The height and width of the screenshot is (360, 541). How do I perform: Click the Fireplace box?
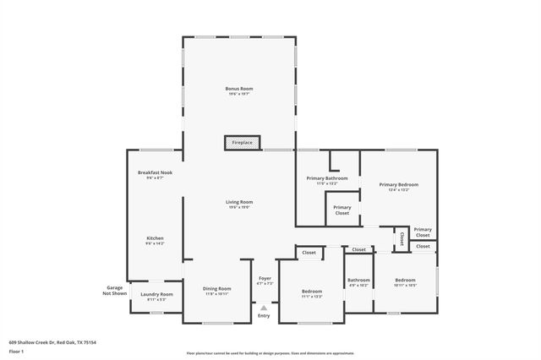coord(242,143)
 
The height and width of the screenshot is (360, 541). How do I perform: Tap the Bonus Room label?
coord(239,90)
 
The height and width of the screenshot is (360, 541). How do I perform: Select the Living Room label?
coord(239,204)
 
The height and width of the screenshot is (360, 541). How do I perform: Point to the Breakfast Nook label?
coord(154,174)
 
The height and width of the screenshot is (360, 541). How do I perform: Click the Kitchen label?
coord(155,240)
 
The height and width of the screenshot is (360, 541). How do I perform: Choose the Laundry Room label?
coord(161,296)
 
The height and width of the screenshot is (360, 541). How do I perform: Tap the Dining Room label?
coord(217,291)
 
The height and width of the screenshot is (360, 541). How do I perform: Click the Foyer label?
coord(265,280)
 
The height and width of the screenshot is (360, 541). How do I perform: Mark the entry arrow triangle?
coord(264,308)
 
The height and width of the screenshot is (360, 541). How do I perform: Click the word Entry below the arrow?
coord(264,316)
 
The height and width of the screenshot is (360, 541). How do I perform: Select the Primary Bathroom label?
coord(326,180)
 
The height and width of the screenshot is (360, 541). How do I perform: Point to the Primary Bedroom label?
coord(398,186)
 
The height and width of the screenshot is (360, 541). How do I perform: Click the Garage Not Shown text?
coord(114,290)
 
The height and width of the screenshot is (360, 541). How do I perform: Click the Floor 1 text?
coord(17,350)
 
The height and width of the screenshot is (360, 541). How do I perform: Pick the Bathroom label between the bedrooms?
coord(358,281)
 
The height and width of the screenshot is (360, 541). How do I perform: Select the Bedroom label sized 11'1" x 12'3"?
coord(312,293)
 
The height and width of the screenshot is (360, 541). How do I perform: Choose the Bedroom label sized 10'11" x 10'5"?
coord(405,281)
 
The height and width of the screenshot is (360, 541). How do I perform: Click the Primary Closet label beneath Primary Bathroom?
coord(342,210)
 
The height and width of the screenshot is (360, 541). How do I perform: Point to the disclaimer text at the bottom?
coord(270,352)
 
